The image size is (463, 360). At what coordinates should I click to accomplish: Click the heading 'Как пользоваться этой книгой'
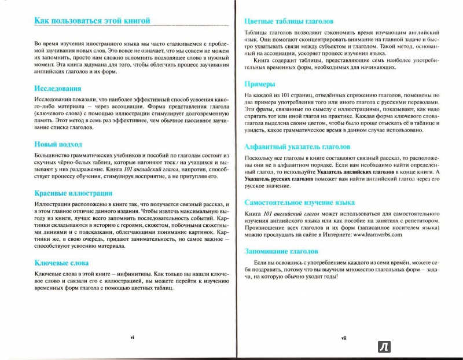point(92,21)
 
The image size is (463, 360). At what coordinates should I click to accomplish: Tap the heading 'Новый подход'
point(58,144)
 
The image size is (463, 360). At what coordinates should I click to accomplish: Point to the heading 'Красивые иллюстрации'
point(73,193)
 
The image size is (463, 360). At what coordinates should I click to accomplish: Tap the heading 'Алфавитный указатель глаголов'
point(297,146)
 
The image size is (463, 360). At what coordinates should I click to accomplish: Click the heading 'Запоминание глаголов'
point(282,252)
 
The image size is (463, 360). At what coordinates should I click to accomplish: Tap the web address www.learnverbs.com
point(376,234)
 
